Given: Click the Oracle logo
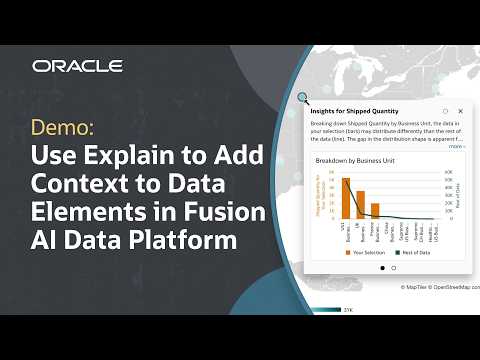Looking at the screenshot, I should pos(77,66).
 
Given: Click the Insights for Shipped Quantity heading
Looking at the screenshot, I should pos(354,110).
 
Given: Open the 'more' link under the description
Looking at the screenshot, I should pos(455,146).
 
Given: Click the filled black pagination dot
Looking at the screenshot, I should pos(380,268).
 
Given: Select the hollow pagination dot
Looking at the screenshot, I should pos(393,268).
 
